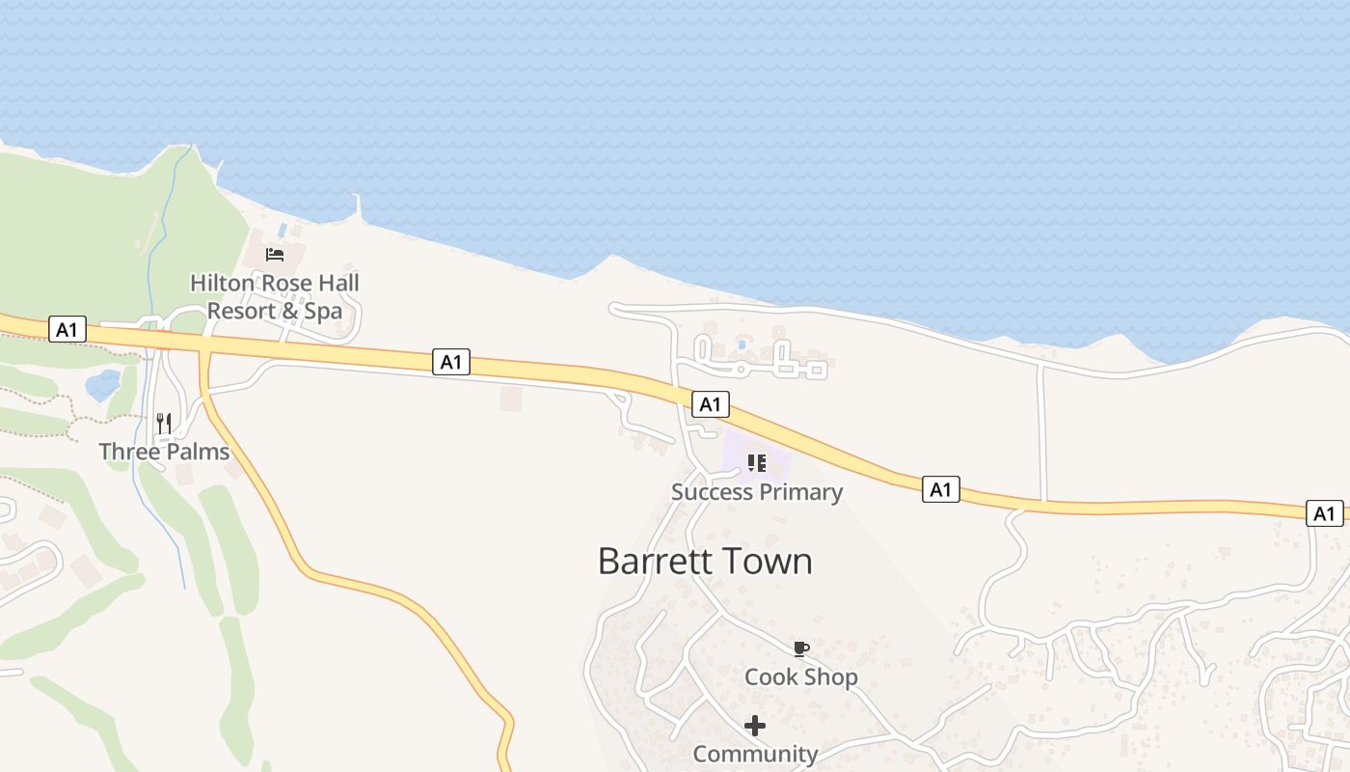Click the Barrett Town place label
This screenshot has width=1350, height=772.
tap(705, 561)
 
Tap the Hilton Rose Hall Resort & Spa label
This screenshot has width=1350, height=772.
tap(275, 296)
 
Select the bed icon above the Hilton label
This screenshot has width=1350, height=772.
tap(275, 255)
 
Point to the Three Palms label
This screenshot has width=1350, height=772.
tap(164, 452)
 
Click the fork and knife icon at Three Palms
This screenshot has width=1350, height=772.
tap(164, 423)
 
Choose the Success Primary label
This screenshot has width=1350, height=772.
tap(757, 492)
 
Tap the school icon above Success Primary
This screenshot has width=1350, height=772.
tap(757, 463)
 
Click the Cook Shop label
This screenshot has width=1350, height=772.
tap(800, 677)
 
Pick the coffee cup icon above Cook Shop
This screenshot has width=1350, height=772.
tap(800, 648)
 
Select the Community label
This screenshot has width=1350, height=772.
tap(755, 754)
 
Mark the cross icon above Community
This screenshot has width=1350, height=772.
tap(755, 725)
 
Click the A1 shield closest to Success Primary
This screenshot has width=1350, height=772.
tap(710, 404)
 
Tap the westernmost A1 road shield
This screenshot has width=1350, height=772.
tap(67, 330)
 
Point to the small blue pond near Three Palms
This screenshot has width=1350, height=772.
tap(103, 385)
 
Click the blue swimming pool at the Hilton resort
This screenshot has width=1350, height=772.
tap(282, 231)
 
